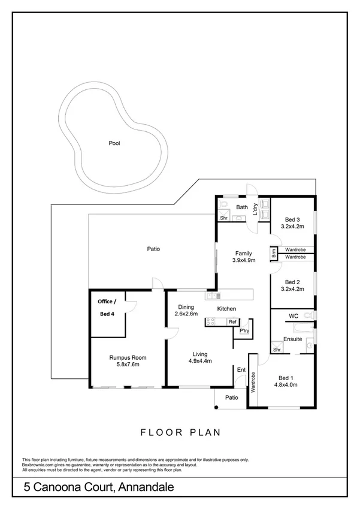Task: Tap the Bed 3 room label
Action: (293, 219)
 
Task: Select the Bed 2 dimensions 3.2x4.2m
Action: (292, 288)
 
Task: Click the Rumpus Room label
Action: (128, 358)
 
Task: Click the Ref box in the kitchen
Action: (232, 322)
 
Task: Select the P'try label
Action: (244, 331)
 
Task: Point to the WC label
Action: (293, 315)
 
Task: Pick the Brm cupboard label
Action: (274, 253)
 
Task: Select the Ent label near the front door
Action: (241, 369)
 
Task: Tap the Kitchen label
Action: (226, 309)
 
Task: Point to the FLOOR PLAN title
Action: (180, 431)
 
